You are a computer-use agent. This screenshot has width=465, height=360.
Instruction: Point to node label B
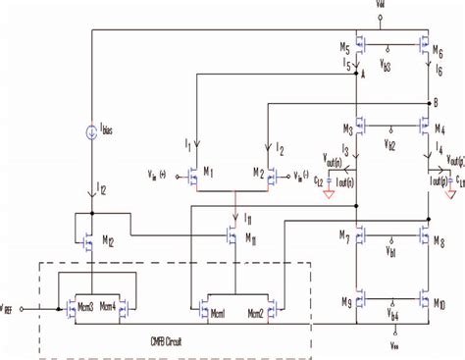435,103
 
